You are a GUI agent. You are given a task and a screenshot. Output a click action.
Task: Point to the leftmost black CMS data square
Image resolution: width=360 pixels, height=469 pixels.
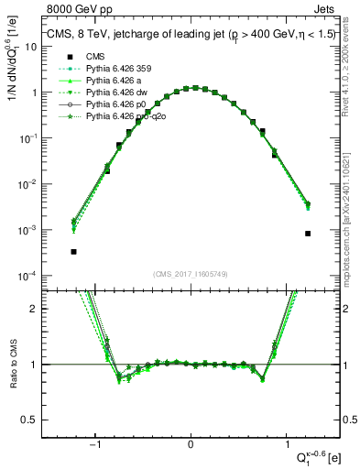73,251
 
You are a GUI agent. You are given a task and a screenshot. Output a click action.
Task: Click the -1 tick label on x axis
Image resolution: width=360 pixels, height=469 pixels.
97,444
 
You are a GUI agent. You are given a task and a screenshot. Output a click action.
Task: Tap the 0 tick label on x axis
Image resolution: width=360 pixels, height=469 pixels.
191,444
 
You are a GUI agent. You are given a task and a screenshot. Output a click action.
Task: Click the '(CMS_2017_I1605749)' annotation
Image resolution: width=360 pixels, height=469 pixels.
191,274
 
